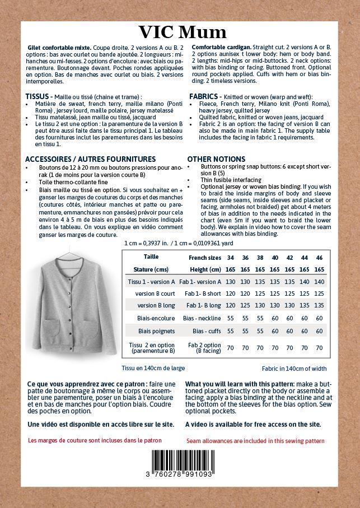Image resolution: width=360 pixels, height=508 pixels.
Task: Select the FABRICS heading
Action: pyautogui.click(x=205, y=96)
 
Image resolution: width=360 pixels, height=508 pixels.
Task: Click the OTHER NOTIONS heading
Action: pyautogui.click(x=216, y=160)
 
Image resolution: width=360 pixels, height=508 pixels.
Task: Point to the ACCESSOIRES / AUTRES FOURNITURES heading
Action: pyautogui.click(x=90, y=160)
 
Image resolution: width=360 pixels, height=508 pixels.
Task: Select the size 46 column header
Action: pyautogui.click(x=319, y=258)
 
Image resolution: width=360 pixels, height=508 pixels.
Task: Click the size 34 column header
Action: pyautogui.click(x=230, y=258)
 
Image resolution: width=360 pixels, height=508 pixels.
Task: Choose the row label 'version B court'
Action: pyautogui.click(x=155, y=293)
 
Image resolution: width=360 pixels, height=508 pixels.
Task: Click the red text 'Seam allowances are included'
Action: pyautogui.click(x=255, y=441)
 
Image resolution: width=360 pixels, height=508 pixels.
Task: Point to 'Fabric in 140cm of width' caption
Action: pyautogui.click(x=294, y=369)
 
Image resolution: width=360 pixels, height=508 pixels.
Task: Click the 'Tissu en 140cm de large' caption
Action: pyautogui.click(x=153, y=368)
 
